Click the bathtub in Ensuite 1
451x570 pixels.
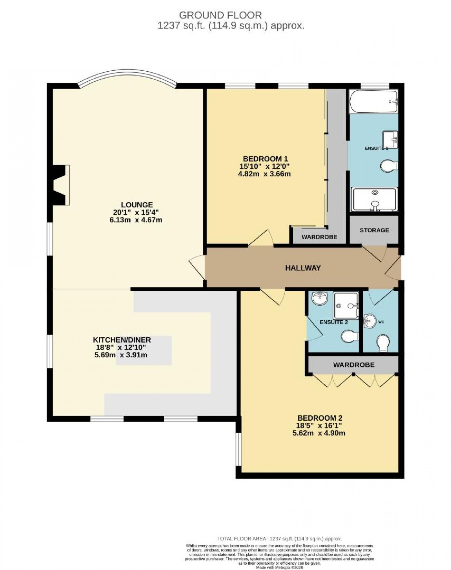(x=373, y=101)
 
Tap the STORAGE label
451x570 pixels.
(x=374, y=230)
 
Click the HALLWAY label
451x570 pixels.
(x=303, y=268)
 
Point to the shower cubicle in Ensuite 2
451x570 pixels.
(x=346, y=305)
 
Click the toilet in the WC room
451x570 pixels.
(x=383, y=343)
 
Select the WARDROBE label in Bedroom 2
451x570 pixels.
(x=353, y=365)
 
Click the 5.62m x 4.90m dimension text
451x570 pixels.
(x=319, y=433)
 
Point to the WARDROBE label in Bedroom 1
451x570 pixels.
(x=319, y=237)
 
